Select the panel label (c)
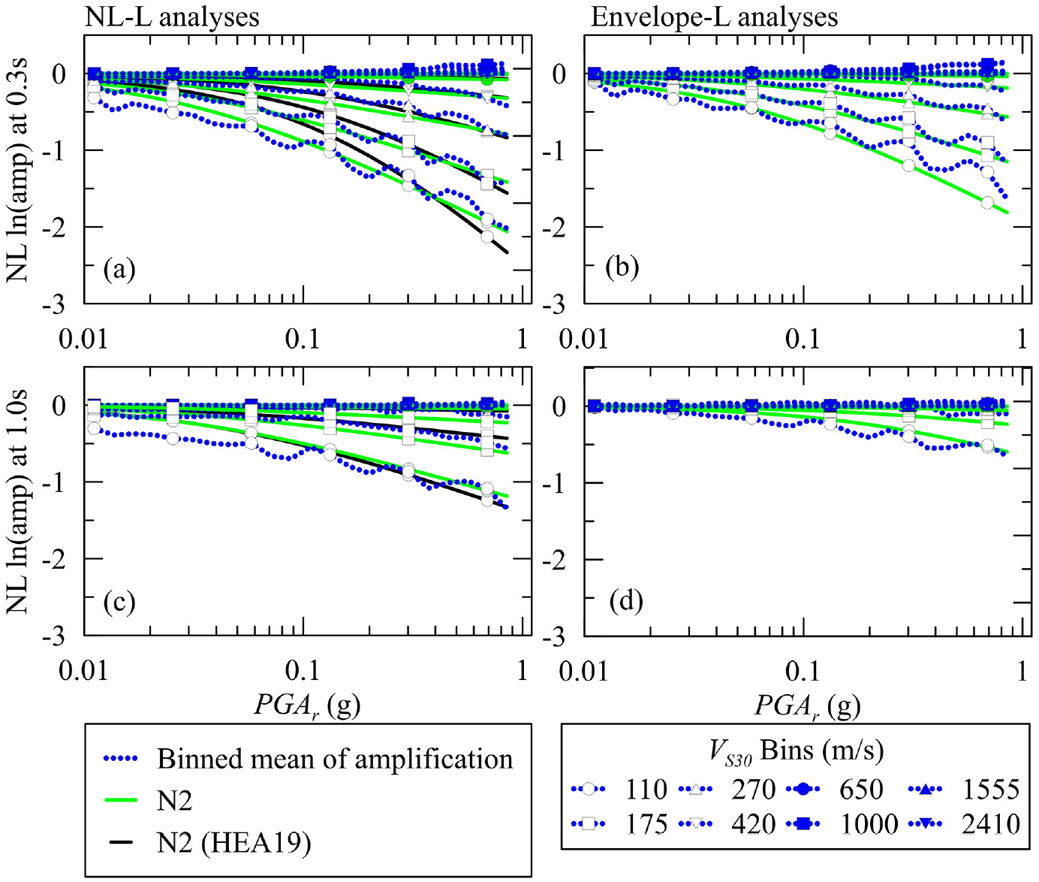point(119,603)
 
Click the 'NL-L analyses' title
point(172,17)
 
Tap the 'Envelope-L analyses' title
point(714,17)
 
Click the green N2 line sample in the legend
point(121,799)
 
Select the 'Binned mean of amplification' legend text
point(335,758)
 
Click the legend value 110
point(646,789)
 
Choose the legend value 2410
point(991,824)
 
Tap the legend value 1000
point(869,824)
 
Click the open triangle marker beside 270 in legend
point(696,789)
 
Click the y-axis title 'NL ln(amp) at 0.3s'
point(17,171)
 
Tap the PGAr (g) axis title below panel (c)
point(307,705)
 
